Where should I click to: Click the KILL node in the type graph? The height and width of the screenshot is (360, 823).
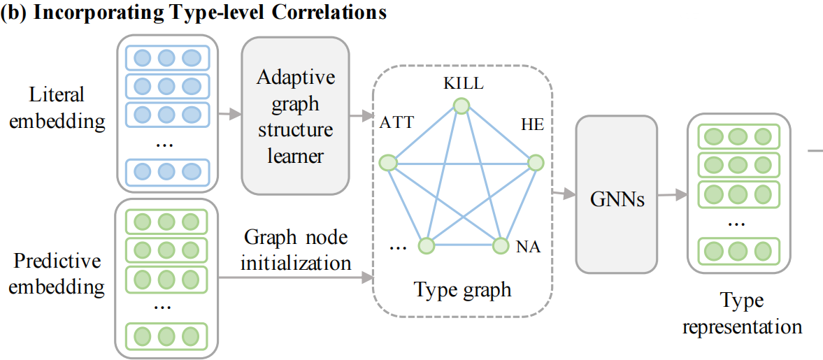460,106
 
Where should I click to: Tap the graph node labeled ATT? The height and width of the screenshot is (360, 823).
387,164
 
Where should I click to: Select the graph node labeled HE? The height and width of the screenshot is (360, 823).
535,163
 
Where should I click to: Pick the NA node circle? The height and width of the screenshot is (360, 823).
500,245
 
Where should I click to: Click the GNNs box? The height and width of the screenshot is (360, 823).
616,194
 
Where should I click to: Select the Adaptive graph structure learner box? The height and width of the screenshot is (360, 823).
295,115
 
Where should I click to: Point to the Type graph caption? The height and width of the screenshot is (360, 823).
462,289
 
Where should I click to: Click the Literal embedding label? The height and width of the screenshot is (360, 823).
57,108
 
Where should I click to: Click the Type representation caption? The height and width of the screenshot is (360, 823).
743,314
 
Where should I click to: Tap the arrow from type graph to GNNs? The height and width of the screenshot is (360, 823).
563,192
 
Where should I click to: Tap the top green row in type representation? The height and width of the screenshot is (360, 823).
738,136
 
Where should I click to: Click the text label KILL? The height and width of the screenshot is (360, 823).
462,84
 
